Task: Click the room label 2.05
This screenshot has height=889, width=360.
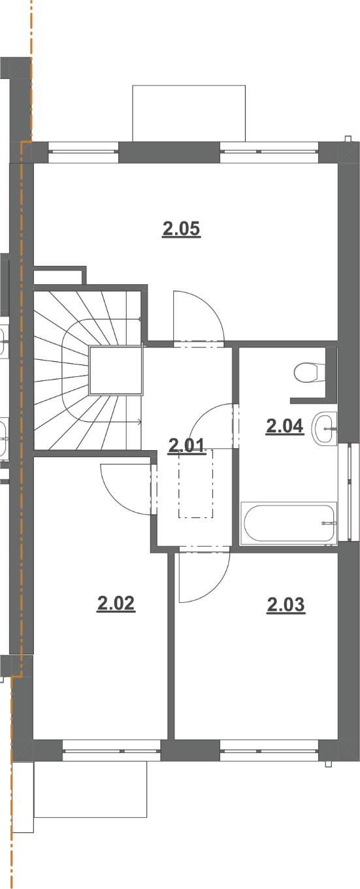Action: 182,229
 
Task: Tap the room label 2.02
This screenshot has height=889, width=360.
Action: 116,604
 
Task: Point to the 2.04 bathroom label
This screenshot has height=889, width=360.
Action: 285,427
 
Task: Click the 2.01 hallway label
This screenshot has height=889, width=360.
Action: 187,445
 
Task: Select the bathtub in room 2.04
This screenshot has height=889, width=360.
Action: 289,523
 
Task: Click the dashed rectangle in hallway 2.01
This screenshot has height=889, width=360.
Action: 195,483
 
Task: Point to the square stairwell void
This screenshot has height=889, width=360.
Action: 116,370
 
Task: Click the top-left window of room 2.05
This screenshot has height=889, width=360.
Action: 84,152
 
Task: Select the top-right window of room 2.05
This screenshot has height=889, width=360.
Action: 269,152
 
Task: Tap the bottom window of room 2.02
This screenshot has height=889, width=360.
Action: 112,751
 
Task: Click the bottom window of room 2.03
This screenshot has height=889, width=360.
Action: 269,751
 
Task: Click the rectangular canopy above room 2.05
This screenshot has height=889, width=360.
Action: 189,114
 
